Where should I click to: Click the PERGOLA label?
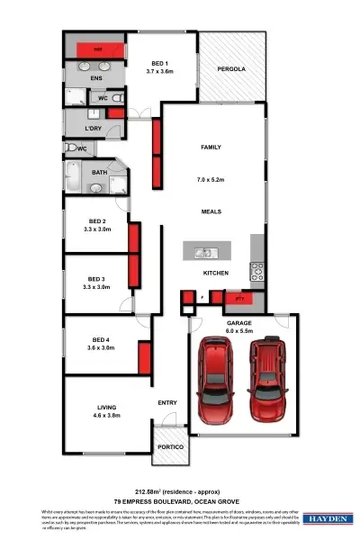coord(231,69)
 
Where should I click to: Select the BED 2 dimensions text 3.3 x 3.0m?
coord(96,229)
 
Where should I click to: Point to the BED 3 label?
coord(96,278)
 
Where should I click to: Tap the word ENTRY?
coord(167,402)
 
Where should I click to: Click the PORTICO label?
coord(170,447)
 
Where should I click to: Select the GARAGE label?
coord(238,321)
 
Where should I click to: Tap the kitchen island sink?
coord(204,251)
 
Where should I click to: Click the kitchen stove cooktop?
coord(256,267)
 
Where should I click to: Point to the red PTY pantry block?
coord(239,298)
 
